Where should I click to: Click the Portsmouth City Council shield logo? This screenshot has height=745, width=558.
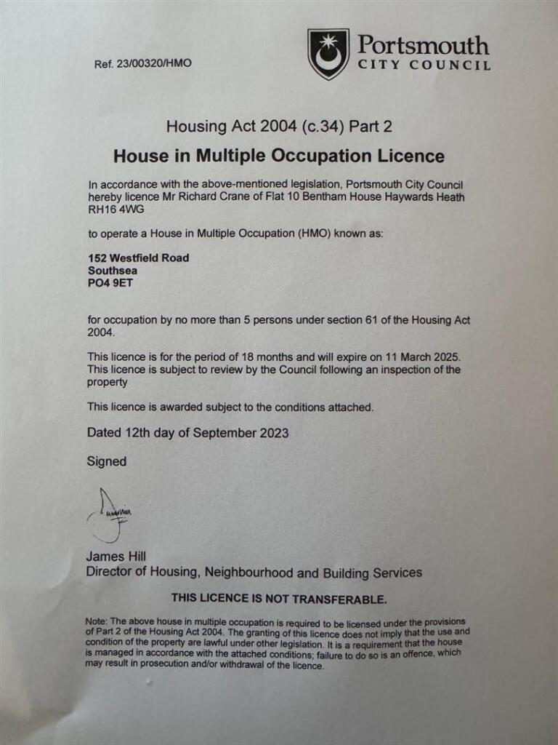[328, 54]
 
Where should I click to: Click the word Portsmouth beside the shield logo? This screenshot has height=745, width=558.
[423, 46]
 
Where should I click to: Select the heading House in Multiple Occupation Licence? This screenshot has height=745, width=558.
[279, 156]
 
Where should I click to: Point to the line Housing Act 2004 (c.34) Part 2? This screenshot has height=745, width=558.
[279, 127]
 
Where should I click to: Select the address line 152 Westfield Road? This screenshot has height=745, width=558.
[138, 258]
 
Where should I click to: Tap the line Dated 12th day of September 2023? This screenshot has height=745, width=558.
[187, 433]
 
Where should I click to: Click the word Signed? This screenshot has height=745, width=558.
[107, 461]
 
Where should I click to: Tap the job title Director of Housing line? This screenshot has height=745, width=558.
[254, 573]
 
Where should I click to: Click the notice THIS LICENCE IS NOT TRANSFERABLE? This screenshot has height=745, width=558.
[279, 599]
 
